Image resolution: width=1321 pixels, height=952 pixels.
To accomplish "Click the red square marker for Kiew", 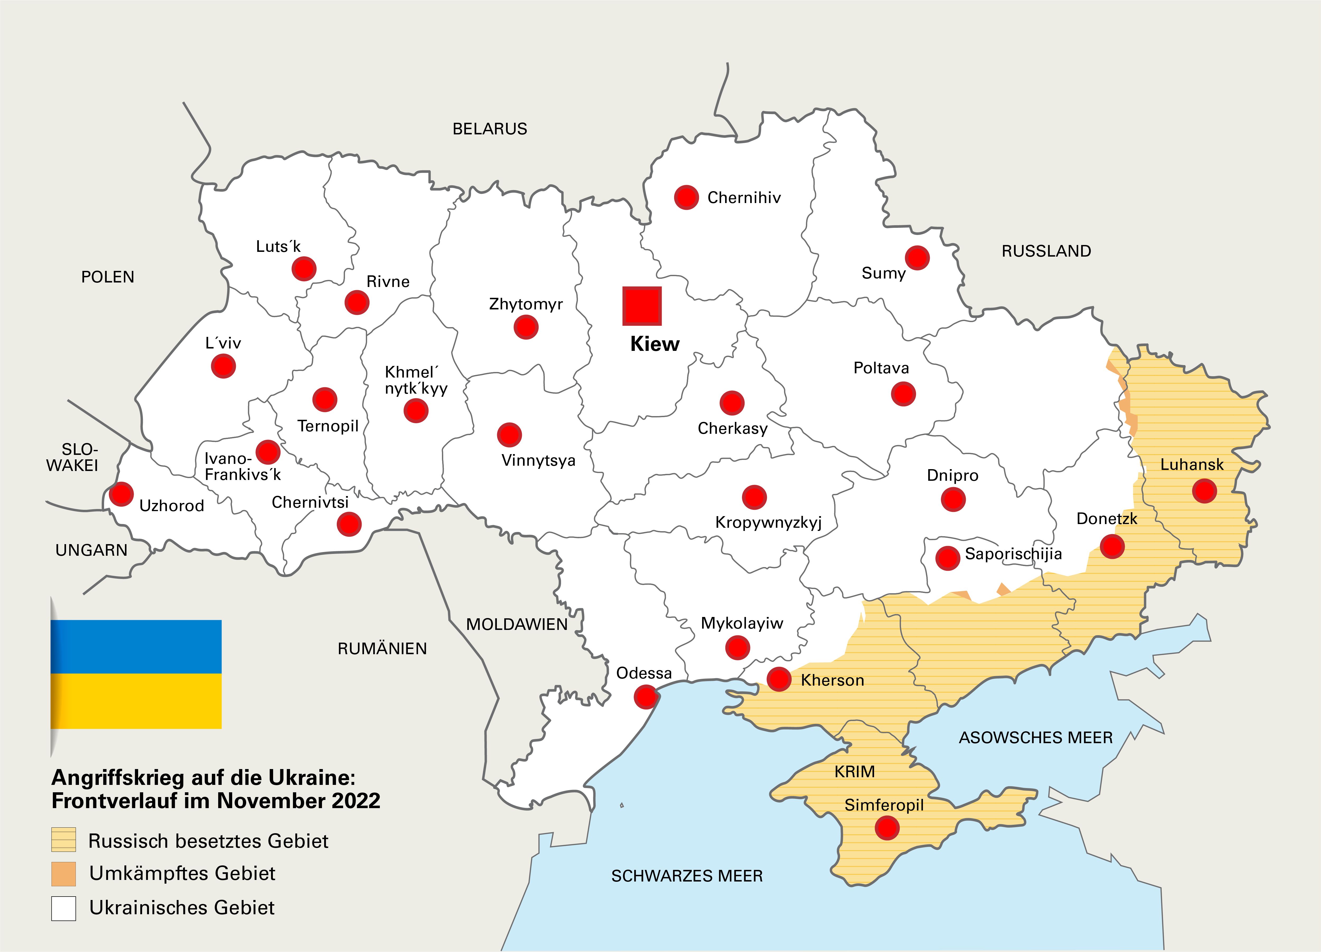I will [x=642, y=306].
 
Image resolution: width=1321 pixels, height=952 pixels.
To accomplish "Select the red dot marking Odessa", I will [x=645, y=696].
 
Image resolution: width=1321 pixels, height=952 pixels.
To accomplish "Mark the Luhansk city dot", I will [x=1204, y=491].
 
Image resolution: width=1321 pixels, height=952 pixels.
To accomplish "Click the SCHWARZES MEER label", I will [x=687, y=876].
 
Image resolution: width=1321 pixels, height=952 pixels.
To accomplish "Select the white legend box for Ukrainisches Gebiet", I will [x=63, y=908].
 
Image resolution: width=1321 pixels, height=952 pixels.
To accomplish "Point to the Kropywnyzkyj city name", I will [x=768, y=522].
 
